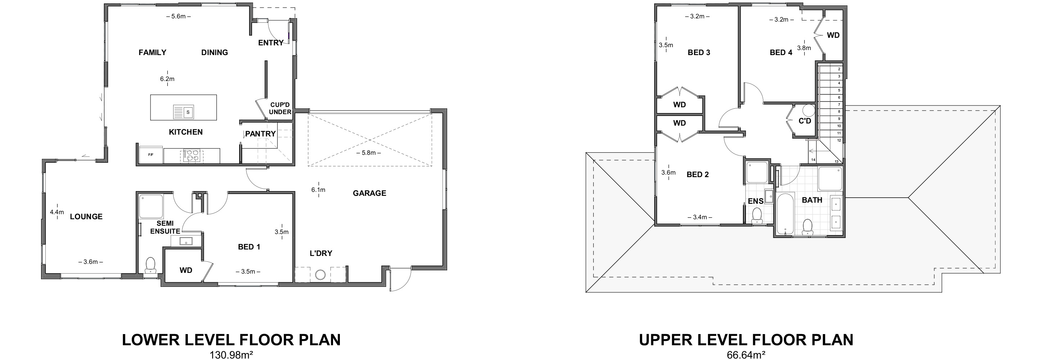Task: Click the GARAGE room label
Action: (369, 193)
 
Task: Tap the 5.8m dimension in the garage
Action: (368, 153)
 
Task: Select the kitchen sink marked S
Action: (188, 112)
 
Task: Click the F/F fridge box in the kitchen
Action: (151, 155)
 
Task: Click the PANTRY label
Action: (260, 134)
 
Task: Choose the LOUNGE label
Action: (86, 217)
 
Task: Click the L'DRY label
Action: (321, 253)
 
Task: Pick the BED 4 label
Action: (781, 53)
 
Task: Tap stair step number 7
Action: (839, 104)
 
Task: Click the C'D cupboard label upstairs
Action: (805, 121)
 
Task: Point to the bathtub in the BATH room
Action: (786, 215)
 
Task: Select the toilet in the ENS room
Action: (756, 215)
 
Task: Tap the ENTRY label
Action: (271, 43)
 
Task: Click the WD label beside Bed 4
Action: (833, 36)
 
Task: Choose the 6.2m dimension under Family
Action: (167, 79)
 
